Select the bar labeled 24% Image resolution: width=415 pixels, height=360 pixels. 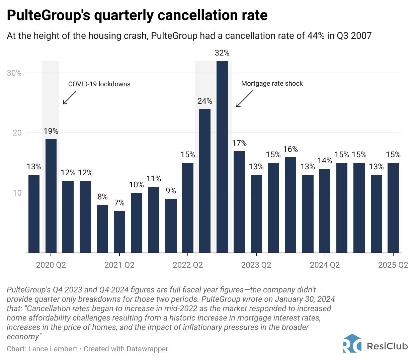pos(205,181)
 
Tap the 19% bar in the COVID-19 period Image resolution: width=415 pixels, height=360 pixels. pos(51,196)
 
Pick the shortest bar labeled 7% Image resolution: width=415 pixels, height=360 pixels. pos(119,232)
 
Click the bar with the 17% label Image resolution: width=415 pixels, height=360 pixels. pos(239,202)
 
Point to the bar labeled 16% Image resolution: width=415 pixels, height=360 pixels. pos(290,205)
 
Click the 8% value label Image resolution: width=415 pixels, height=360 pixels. pos(102,197)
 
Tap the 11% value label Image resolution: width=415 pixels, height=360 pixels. pos(154,179)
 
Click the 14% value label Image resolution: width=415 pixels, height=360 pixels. pos(325,161)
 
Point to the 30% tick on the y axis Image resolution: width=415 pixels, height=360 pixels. pos(14,73)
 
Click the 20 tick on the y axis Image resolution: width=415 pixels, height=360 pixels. pos(17,133)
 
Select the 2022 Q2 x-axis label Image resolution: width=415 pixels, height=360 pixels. pos(188,265)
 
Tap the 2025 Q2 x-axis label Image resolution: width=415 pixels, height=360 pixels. pos(393,265)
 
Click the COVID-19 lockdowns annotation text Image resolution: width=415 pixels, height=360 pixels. pos(99,84)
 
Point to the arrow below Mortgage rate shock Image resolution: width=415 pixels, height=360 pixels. pos(245,99)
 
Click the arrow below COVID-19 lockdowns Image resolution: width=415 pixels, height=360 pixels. pos(70,98)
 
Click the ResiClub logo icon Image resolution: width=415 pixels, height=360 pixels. pos(352,344)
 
